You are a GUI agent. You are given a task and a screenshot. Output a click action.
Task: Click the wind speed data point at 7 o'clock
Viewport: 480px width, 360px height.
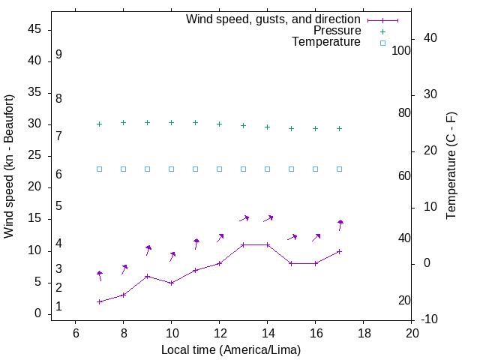point(99,301)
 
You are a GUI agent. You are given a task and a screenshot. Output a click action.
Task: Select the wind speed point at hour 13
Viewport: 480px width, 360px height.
point(243,244)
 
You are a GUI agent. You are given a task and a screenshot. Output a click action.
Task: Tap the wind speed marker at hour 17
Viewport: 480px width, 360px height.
point(339,251)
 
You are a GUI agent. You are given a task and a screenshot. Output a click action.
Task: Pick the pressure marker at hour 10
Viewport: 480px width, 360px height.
point(171,122)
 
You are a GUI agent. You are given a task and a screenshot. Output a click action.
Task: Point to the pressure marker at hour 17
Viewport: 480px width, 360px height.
point(339,128)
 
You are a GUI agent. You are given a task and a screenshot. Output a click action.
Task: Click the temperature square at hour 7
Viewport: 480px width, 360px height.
point(99,169)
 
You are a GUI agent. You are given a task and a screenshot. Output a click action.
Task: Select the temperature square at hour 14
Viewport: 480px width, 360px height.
point(267,169)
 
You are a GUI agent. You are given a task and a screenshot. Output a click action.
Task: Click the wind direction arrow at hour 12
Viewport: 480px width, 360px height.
point(220,238)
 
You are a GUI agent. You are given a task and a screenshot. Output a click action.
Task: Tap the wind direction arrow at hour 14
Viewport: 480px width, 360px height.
point(268,218)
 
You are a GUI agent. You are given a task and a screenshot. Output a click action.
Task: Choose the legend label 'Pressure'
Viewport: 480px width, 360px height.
point(337,31)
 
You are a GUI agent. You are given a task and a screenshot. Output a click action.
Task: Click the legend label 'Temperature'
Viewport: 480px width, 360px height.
point(326,42)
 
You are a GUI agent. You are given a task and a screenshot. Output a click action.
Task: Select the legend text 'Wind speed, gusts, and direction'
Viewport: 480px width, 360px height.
point(274,19)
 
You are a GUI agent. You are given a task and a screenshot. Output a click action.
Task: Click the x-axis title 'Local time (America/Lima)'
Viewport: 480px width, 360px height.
point(231,349)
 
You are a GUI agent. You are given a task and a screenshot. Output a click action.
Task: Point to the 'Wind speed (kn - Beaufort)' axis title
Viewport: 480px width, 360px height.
point(9,166)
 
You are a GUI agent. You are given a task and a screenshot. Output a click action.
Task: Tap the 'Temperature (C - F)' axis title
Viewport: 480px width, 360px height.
point(451,166)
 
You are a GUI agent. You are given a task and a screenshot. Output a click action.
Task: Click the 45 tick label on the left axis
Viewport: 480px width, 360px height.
point(34,29)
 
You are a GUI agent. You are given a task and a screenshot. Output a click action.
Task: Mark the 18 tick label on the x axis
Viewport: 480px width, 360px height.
point(363,332)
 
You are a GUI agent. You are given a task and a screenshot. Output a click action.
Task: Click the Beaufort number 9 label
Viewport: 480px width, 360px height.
point(58,55)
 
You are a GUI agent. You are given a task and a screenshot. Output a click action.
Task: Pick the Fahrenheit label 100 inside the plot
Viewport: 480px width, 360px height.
point(401,50)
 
